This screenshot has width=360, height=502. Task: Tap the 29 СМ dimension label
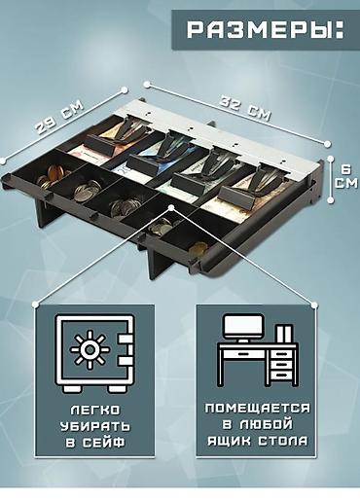pyautogui.click(x=59, y=117)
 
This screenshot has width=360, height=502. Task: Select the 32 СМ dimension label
pyautogui.click(x=245, y=108)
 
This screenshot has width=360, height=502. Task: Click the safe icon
pyautogui.click(x=95, y=354)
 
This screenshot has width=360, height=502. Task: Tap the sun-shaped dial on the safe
pyautogui.click(x=90, y=350)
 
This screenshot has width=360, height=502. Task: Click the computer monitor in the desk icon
pyautogui.click(x=243, y=329)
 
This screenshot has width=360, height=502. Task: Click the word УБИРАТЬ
pyautogui.click(x=95, y=426)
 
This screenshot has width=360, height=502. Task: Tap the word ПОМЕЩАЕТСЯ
pyautogui.click(x=257, y=408)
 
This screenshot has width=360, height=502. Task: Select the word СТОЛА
pyautogui.click(x=283, y=441)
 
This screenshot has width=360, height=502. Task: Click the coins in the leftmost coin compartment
pyautogui.click(x=52, y=176)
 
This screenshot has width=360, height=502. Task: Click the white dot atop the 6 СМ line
pyautogui.click(x=331, y=159)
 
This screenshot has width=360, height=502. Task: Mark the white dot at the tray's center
pyautogui.click(x=171, y=207)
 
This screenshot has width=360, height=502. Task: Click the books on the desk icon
pyautogui.click(x=283, y=334)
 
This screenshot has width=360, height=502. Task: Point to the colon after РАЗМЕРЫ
pyautogui.click(x=340, y=30)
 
